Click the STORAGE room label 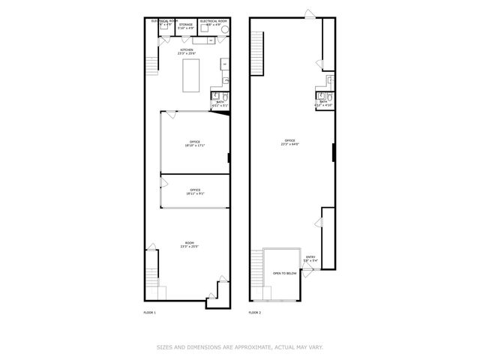click(x=185, y=25)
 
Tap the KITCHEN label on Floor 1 click(x=187, y=50)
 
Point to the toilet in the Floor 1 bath click(x=214, y=96)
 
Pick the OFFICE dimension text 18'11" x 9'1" click(x=194, y=194)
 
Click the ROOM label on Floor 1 click(x=190, y=243)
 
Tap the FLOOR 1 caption click(x=149, y=311)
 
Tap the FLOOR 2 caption click(x=256, y=311)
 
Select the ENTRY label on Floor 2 click(x=310, y=259)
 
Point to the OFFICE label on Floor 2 click(x=289, y=141)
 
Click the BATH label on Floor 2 click(x=323, y=100)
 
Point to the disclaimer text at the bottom click(x=239, y=346)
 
